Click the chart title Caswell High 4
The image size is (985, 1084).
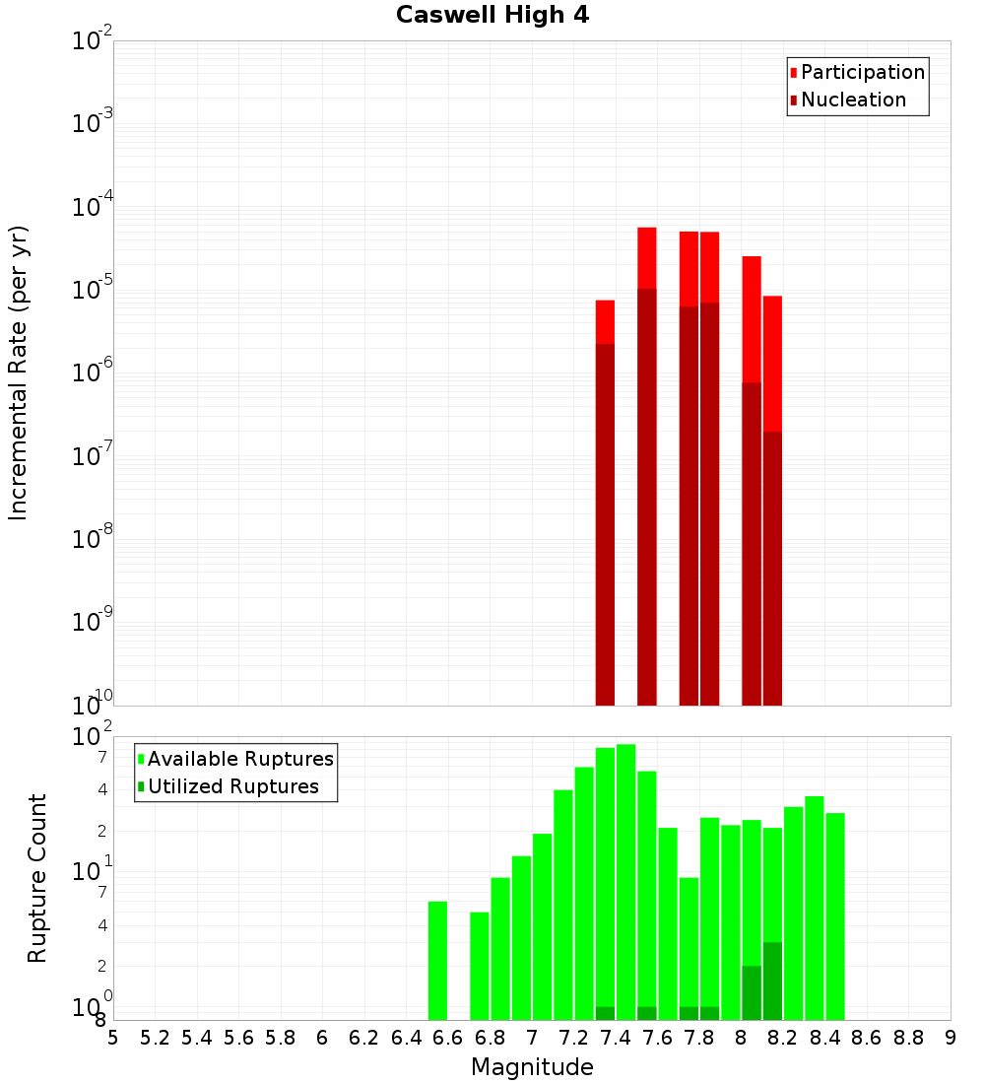tap(492, 16)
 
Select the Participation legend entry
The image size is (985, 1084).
tap(863, 73)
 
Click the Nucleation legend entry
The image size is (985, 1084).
tap(853, 101)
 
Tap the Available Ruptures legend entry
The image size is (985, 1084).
tap(240, 759)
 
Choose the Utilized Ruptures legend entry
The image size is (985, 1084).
tap(232, 786)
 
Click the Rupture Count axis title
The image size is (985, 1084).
tap(37, 878)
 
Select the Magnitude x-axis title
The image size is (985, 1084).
tap(532, 1067)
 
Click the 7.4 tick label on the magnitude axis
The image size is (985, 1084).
tap(616, 1038)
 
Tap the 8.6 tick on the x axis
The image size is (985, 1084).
tap(867, 1038)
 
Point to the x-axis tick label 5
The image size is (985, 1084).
tap(113, 1038)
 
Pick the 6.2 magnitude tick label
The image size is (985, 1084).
tap(364, 1038)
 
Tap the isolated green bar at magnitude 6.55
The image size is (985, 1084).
tap(437, 960)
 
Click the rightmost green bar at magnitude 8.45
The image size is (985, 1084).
tap(835, 916)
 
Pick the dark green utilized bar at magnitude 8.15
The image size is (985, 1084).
tap(772, 981)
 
